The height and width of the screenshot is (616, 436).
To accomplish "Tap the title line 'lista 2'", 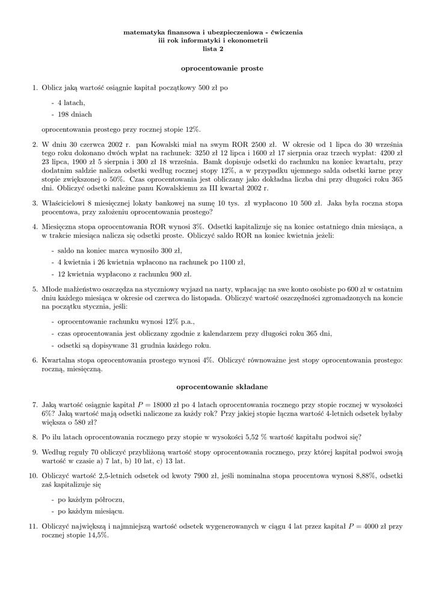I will coord(213,49).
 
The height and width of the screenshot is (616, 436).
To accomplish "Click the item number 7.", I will coord(35,405).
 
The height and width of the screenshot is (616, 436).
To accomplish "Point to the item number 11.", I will coord(34,526).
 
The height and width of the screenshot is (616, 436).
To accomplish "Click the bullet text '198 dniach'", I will coord(75,114).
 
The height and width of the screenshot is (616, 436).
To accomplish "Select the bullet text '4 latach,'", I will coord(72,102).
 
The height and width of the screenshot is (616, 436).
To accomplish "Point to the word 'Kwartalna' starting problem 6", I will coord(59,360).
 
